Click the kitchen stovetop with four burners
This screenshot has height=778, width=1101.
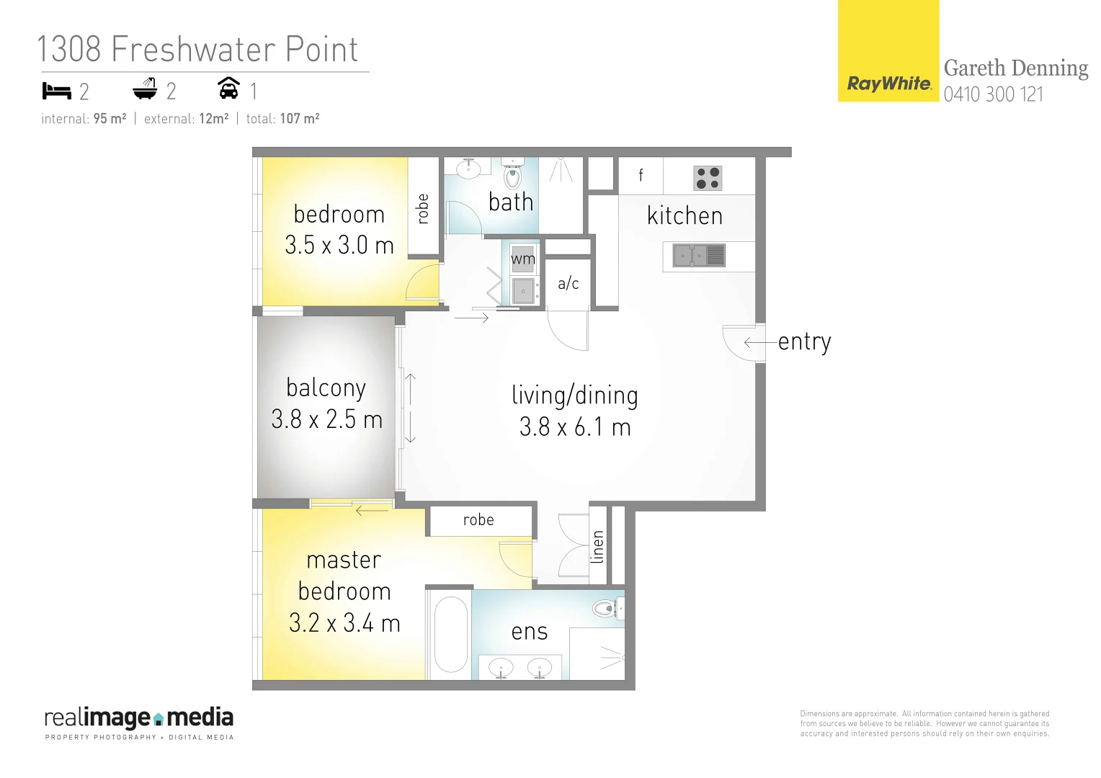(x=708, y=178)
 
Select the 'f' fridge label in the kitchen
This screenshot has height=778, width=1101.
(x=641, y=175)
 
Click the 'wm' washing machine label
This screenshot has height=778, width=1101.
(x=523, y=259)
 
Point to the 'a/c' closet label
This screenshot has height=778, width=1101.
(x=568, y=284)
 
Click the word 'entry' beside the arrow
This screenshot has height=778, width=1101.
(x=804, y=341)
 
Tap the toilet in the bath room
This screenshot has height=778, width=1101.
(x=513, y=174)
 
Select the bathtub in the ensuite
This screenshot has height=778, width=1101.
(x=451, y=634)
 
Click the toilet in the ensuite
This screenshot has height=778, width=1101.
(x=606, y=609)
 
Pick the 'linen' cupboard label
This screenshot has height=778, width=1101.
(x=597, y=547)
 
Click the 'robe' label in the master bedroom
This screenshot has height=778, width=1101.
(x=478, y=520)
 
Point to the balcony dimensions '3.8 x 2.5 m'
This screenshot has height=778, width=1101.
(x=326, y=419)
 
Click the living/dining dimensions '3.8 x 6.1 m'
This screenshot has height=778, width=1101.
(x=574, y=427)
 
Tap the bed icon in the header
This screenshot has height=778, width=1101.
(x=57, y=91)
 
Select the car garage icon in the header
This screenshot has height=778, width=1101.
(x=228, y=88)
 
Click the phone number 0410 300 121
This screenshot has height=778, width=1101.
(x=993, y=94)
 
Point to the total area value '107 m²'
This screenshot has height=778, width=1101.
(x=299, y=119)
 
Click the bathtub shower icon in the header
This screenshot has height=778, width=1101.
(x=145, y=89)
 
